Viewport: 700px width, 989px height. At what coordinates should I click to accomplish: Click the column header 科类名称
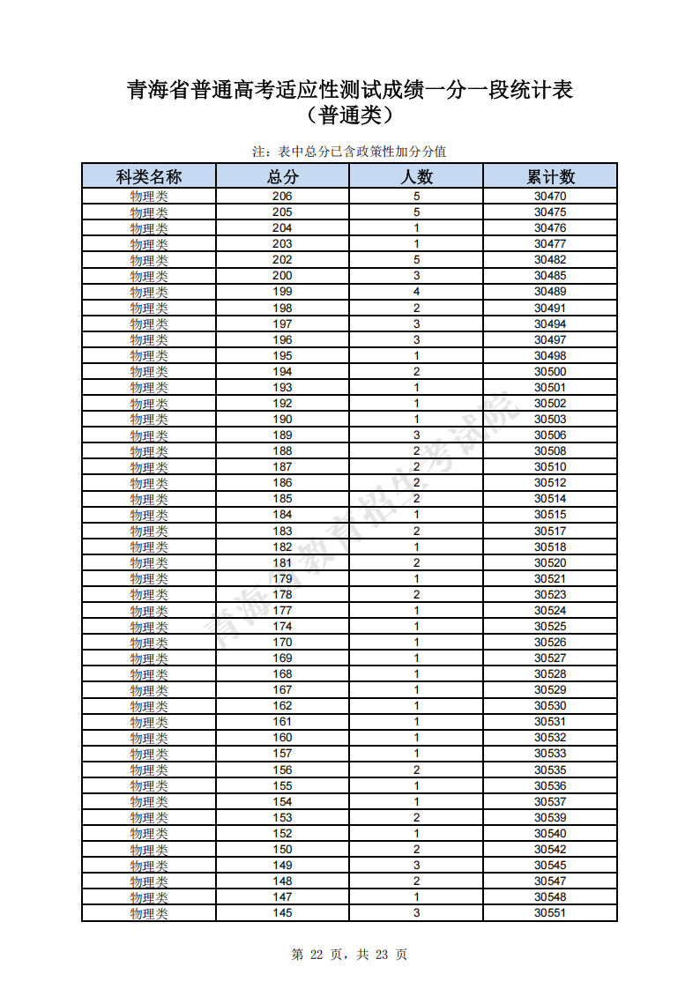149,176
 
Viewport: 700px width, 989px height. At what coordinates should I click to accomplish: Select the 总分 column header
282,176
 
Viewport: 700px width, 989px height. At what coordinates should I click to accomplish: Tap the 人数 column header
416,176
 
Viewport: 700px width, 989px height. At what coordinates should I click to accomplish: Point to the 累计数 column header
550,176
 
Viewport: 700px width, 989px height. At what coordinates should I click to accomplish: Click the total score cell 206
282,197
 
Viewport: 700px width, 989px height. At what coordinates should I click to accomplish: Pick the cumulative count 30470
550,197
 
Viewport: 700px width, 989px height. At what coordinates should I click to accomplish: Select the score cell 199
282,292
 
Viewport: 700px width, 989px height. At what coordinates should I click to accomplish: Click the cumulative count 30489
550,292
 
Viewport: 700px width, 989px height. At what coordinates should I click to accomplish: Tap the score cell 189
282,435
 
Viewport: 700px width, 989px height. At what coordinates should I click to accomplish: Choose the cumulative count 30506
550,435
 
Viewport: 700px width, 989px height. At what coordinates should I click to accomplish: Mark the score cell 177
282,611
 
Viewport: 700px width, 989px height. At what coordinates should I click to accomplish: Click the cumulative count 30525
550,627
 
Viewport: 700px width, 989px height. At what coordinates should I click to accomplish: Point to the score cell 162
282,706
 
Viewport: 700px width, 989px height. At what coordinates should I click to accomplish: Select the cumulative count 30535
550,770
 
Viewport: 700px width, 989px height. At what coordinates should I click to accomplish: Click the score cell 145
282,913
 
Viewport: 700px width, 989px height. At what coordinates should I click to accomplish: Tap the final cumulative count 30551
550,913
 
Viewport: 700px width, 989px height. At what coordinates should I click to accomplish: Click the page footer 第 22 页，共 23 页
349,955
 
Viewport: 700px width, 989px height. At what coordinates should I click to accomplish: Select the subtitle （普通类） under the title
349,115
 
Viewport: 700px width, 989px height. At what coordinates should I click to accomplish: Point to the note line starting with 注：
349,152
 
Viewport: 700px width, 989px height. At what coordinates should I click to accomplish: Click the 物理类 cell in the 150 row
149,850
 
